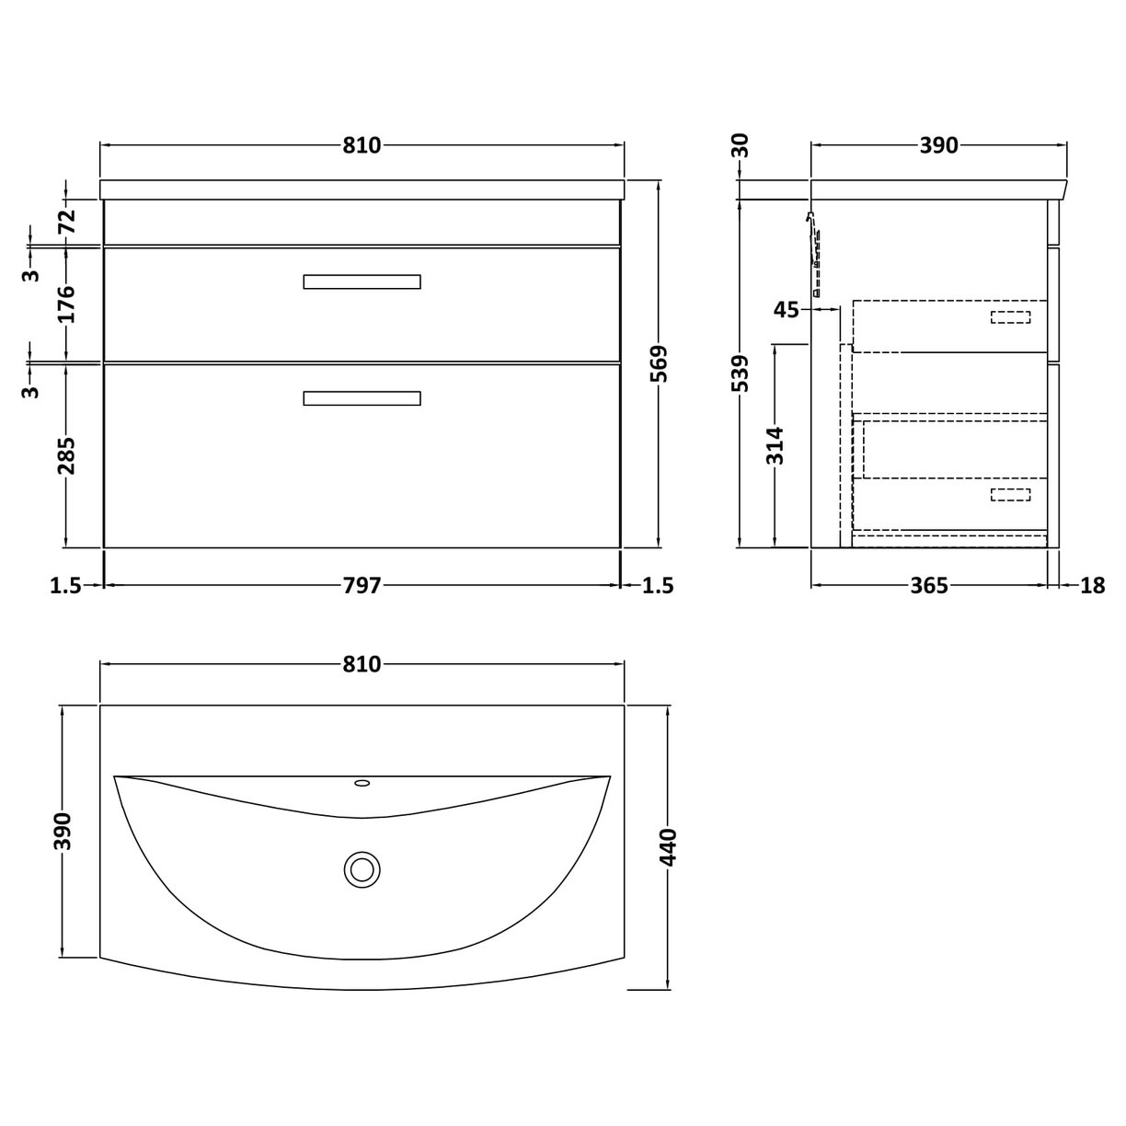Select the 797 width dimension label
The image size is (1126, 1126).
click(362, 585)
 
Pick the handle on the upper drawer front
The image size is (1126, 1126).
click(362, 281)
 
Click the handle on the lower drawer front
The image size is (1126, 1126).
click(362, 398)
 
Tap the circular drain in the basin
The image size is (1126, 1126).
click(362, 868)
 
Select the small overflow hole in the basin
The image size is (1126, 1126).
click(362, 784)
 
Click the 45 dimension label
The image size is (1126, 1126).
click(787, 310)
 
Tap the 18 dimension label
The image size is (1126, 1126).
click(1092, 585)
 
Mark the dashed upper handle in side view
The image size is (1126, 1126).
click(1010, 317)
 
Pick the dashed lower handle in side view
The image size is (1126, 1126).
click(1010, 495)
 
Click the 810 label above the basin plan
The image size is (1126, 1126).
click(362, 664)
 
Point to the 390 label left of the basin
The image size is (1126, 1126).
click(63, 832)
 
